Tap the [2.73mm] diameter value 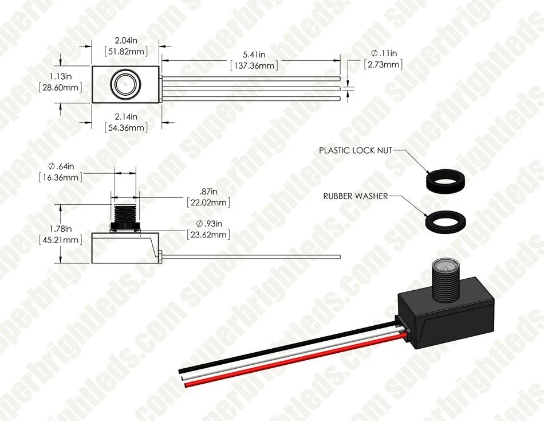click(383, 64)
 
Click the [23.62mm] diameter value click(208, 235)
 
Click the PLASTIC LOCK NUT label click(356, 150)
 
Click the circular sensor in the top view click(123, 84)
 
